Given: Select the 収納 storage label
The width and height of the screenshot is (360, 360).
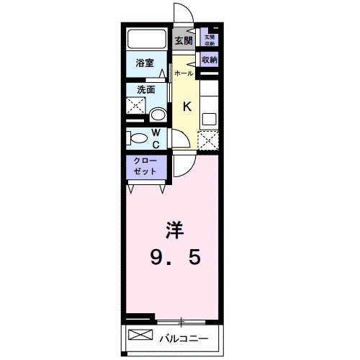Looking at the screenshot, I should (210, 60).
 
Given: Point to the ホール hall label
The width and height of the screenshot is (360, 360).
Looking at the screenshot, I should (183, 73).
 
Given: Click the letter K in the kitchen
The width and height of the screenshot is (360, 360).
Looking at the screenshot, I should (186, 107).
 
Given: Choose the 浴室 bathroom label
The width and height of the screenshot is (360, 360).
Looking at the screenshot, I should (145, 63).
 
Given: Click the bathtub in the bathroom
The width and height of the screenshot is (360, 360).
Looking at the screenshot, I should (148, 39).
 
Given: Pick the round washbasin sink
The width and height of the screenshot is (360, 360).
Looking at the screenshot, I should (158, 114).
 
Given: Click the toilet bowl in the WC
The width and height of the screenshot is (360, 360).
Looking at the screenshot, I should (136, 138).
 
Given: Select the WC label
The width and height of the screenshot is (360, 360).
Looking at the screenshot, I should (157, 137).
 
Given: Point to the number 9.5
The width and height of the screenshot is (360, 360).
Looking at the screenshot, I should (175, 256).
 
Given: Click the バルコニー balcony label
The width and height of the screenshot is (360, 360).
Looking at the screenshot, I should (184, 337).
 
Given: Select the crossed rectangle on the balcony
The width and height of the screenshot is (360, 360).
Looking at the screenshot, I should (142, 336).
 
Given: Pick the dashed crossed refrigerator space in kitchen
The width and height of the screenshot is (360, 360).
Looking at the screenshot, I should (208, 139).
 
